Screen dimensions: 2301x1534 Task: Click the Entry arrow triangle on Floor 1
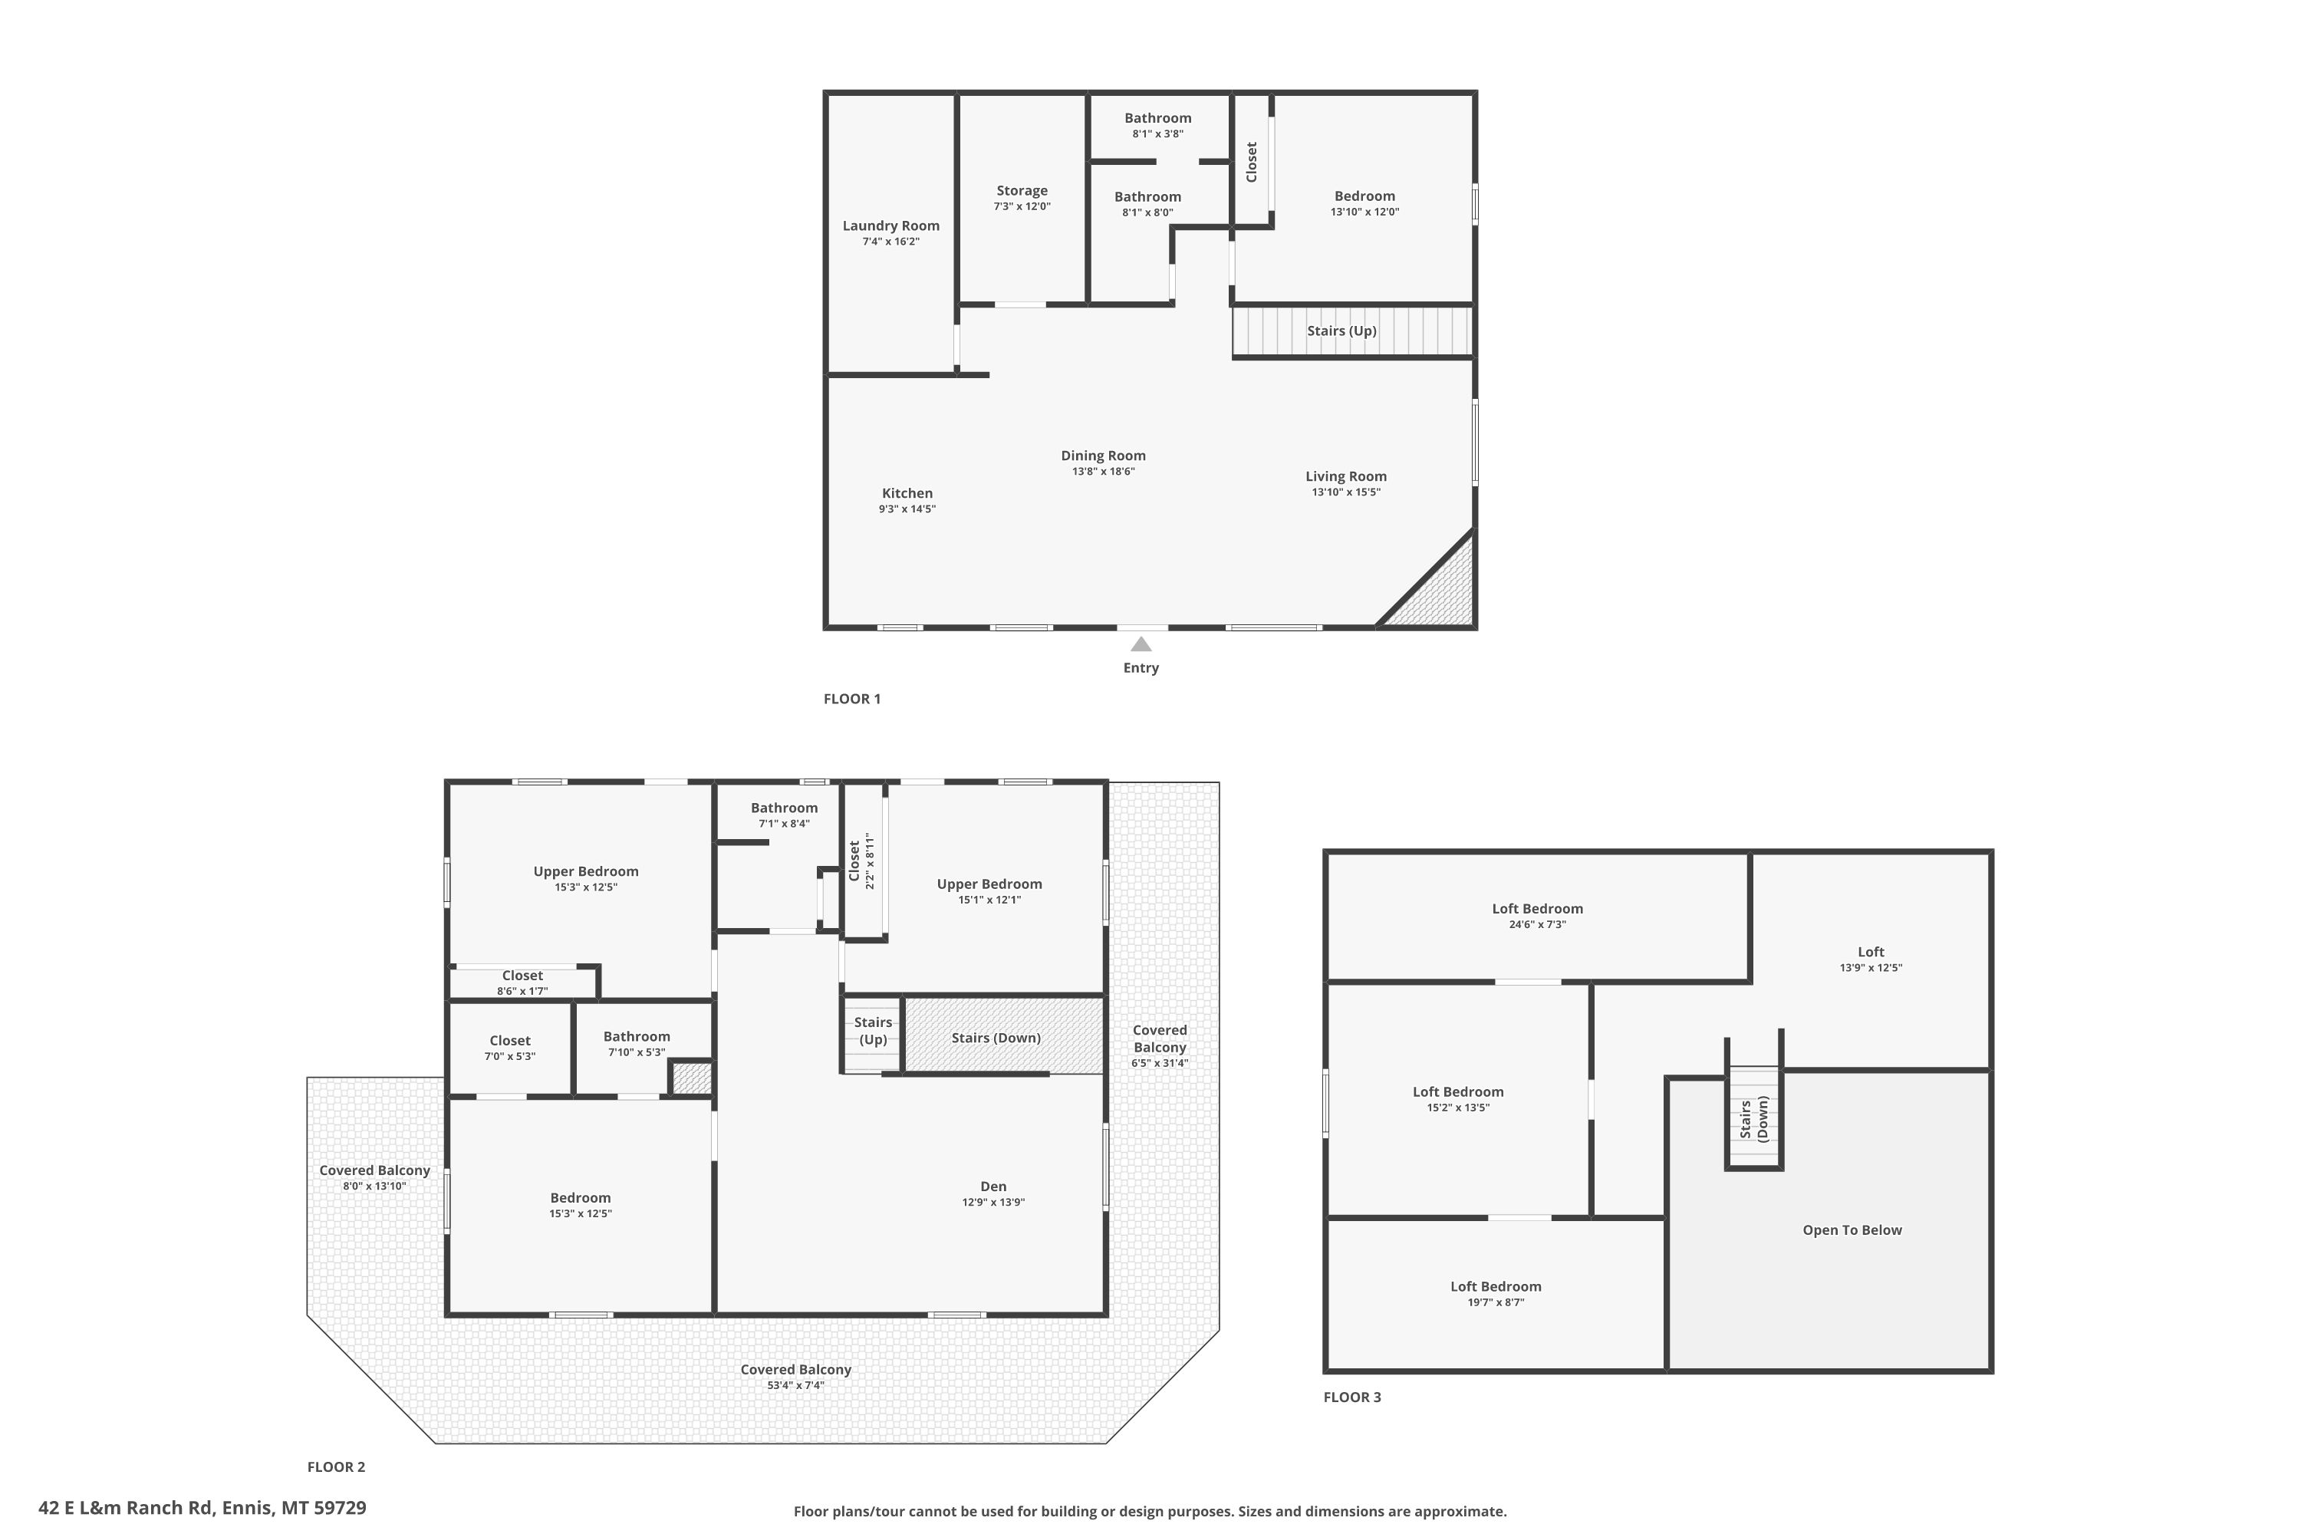[x=1141, y=644]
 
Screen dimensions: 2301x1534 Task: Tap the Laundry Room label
[x=891, y=226]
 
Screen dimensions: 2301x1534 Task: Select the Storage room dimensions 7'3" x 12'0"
[x=1022, y=206]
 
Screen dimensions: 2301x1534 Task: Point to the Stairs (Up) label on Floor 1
[x=1342, y=331]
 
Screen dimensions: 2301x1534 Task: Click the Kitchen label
[x=907, y=493]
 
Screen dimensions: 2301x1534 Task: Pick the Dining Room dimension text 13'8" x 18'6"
[x=1104, y=472]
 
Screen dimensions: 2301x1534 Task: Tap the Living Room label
[x=1346, y=476]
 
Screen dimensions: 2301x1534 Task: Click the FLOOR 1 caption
[x=852, y=699]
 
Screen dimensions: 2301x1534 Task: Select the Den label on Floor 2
[x=993, y=1187]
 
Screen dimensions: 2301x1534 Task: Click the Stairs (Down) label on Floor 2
[x=996, y=1038]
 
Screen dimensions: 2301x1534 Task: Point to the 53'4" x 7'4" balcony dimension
[x=796, y=1385]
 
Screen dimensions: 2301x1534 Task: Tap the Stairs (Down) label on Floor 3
[x=1754, y=1118]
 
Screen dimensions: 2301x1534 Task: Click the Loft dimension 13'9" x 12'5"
[x=1871, y=967]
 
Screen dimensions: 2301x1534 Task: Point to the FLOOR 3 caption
[x=1352, y=1397]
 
